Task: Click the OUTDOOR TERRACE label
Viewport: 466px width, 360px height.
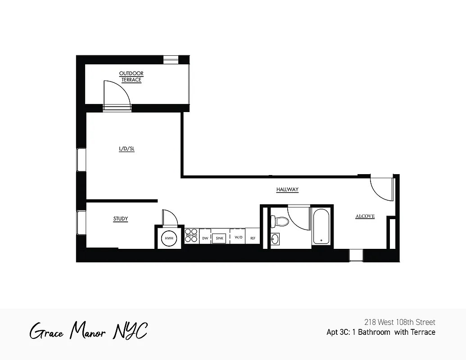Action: click(131, 76)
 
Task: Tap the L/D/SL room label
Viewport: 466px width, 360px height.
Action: click(127, 149)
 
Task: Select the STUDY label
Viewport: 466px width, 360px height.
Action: click(120, 219)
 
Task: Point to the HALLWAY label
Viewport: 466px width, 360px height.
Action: click(287, 190)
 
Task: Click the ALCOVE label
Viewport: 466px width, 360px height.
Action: click(365, 216)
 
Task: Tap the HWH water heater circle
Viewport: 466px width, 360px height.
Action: click(169, 238)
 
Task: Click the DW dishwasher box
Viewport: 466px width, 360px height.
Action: click(205, 238)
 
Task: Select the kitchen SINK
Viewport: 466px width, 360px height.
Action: click(220, 238)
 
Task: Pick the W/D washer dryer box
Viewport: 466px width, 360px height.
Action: click(238, 238)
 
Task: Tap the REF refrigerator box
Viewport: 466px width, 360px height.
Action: click(253, 238)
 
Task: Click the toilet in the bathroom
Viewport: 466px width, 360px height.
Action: click(280, 221)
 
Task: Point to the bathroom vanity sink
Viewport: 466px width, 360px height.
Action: click(275, 238)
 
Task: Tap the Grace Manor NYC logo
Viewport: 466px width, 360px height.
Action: click(88, 332)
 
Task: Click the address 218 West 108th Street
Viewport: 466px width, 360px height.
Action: click(399, 322)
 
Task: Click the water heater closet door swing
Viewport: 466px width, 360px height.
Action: click(171, 217)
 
